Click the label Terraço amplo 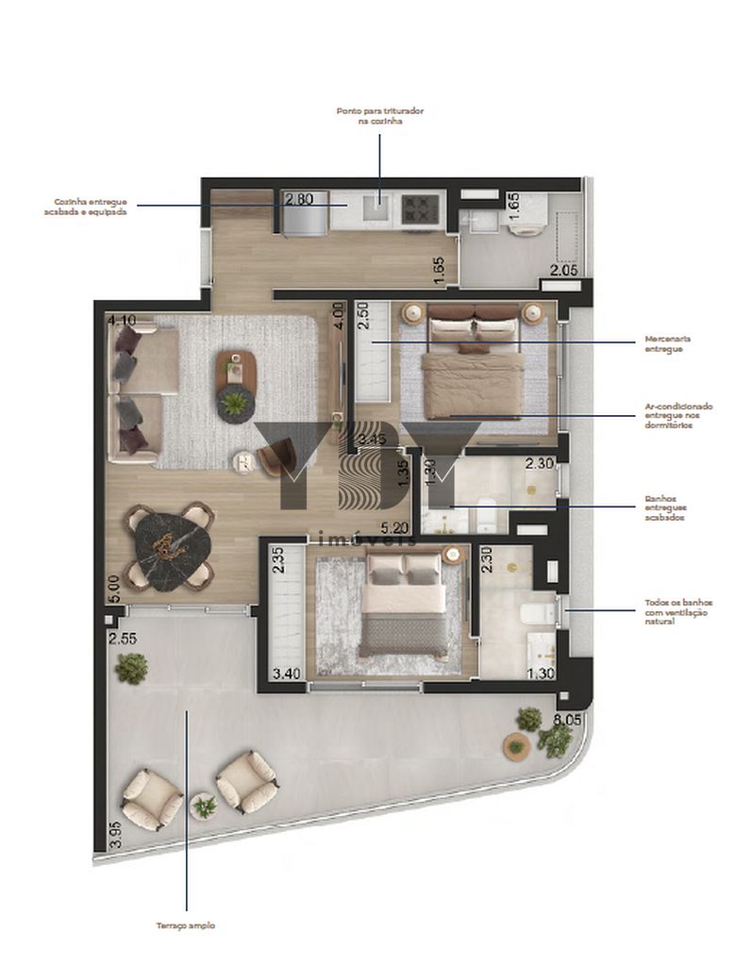click(185, 925)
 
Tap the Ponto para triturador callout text click(380, 116)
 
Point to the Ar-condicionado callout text click(678, 415)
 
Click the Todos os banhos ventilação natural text click(678, 611)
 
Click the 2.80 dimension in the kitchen click(299, 199)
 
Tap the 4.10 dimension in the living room click(123, 321)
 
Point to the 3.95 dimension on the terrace click(115, 835)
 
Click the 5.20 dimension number click(394, 528)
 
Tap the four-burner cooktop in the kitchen click(417, 208)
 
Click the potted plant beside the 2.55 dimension click(131, 669)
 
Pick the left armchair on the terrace click(152, 799)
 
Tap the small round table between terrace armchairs click(204, 807)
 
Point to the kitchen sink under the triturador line click(378, 210)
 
